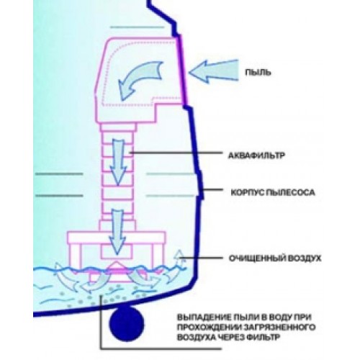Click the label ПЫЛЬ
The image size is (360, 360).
258,72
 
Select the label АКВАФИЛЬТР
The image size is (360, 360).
256,156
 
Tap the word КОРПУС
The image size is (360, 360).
246,192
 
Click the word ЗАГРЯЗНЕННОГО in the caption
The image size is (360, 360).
279,327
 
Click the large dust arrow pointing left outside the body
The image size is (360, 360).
214,72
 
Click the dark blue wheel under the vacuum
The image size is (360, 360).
127,324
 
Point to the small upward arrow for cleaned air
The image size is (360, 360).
179,258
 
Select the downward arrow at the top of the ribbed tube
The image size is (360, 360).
118,163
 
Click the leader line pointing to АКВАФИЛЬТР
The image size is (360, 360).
176,153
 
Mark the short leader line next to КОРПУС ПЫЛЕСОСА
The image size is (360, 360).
212,189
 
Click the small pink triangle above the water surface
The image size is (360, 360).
117,266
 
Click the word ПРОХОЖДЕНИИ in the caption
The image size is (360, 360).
209,327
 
